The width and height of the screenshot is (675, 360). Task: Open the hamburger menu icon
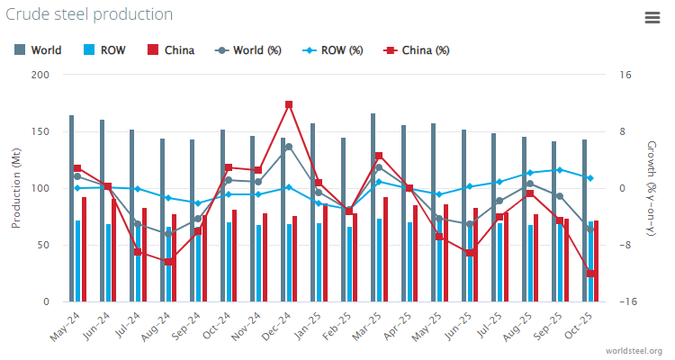[x=652, y=17]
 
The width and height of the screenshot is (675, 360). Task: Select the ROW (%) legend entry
[x=332, y=50]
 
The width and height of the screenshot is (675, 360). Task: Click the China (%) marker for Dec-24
[x=289, y=105]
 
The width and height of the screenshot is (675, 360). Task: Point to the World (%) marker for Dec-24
[x=289, y=147]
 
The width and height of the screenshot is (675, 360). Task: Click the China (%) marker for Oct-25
[x=590, y=273]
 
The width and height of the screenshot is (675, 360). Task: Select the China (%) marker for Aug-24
[x=168, y=262]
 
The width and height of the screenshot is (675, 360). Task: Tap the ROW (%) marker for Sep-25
[x=560, y=170]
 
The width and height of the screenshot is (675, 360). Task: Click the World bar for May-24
[x=72, y=208]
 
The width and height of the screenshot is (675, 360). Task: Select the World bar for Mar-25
[x=373, y=207]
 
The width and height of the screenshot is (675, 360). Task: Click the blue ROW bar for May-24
[x=78, y=261]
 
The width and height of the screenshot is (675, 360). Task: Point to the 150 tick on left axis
[x=40, y=131]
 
